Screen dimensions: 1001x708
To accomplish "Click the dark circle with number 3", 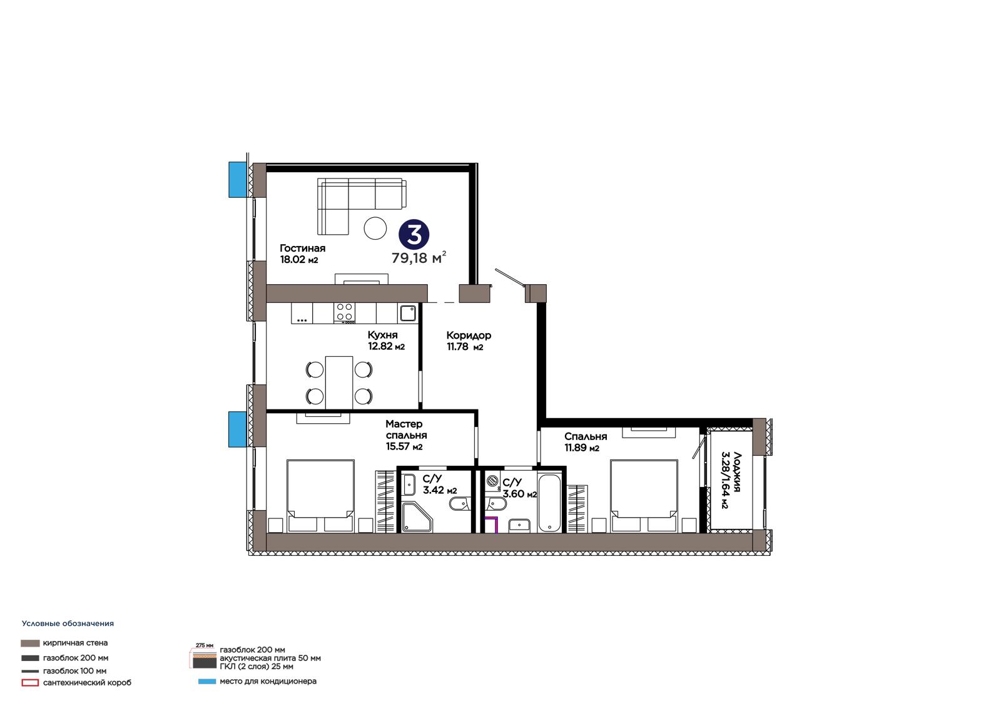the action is [414, 234].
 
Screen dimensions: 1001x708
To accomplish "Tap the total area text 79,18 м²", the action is [419, 258].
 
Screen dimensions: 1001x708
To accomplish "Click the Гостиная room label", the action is [303, 249].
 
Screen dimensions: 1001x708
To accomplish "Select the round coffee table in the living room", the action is [375, 228].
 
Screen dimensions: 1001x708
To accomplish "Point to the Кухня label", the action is [382, 335].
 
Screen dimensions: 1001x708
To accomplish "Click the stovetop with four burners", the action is [344, 312].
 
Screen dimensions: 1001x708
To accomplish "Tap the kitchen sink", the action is [407, 313].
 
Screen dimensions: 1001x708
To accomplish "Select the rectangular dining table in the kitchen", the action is [339, 382].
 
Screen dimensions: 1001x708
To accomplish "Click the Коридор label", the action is [469, 336].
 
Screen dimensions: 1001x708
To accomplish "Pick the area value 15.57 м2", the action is [404, 446].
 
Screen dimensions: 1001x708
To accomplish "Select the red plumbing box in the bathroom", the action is [492, 524].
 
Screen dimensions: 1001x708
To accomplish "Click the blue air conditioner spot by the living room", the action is [238, 180].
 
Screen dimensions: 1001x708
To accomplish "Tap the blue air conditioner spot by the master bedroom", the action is [238, 429].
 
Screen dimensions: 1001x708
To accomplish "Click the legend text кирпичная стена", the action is [75, 643].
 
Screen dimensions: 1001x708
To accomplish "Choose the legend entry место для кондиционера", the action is [268, 681].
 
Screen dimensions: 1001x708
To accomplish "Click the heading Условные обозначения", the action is [68, 623].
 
